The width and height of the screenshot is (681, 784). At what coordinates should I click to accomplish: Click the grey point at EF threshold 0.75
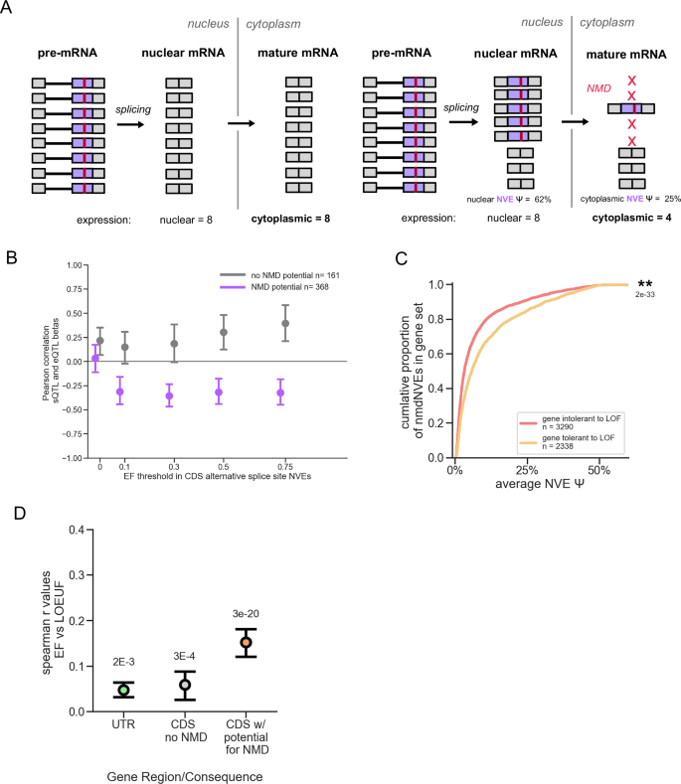coord(315,323)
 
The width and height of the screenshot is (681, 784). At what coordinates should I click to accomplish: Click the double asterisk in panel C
coord(644,284)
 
